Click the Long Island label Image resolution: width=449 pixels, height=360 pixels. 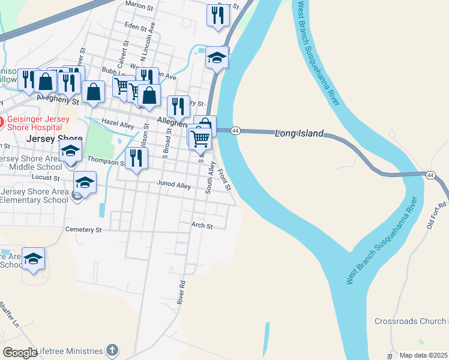[299, 133]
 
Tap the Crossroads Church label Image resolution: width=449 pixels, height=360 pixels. [411, 321]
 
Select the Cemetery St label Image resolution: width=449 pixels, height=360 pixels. [83, 229]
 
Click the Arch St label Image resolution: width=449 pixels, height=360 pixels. [202, 226]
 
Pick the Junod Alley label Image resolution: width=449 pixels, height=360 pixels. [173, 185]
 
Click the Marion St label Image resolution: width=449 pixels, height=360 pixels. [140, 4]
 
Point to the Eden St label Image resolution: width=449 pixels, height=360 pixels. [135, 25]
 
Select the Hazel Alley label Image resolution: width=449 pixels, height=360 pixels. [118, 124]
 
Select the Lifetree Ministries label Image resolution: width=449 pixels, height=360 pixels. [70, 350]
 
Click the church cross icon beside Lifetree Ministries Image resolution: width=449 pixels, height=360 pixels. [112, 350]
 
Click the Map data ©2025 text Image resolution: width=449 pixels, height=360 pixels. [423, 355]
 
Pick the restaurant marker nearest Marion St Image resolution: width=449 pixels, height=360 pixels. [218, 15]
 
